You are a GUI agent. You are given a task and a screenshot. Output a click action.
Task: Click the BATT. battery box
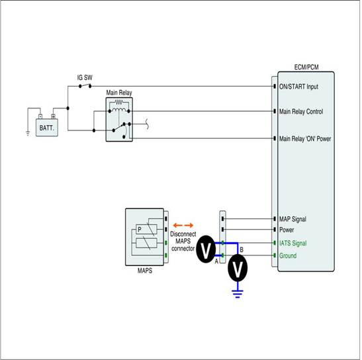pos(47,128)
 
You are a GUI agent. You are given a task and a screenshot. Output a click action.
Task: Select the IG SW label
pos(85,77)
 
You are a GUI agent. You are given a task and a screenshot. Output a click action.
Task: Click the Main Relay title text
pos(119,93)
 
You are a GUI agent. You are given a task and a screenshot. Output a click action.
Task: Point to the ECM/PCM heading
pos(306,67)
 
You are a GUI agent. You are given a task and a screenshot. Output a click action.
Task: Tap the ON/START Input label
pos(298,87)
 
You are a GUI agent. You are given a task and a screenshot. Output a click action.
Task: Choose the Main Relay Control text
pos(301,112)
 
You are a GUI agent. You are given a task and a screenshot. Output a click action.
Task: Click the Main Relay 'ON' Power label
pos(305,138)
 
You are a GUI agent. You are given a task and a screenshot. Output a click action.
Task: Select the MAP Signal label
pos(293,219)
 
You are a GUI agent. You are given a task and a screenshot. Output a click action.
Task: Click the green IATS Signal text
pos(293,243)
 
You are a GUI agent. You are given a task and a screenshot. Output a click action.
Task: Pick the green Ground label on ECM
pos(288,255)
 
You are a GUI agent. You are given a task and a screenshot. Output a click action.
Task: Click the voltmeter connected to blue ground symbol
pos(238,268)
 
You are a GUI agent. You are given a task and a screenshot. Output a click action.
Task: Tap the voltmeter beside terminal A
pos(206,249)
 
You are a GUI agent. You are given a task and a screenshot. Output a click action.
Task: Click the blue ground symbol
pos(238,294)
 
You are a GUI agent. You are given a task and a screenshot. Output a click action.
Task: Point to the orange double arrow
pos(183,226)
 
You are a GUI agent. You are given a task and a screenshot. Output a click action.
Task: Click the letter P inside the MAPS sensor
pos(140,230)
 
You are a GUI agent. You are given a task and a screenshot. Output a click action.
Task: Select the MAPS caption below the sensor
pos(145,271)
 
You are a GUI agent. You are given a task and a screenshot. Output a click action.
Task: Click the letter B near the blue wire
pos(242,249)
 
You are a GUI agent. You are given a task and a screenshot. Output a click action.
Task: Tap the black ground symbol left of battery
pos(28,133)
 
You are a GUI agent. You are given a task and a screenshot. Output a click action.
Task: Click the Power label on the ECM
pos(287,230)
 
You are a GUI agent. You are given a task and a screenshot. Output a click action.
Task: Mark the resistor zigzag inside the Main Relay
pos(119,102)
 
